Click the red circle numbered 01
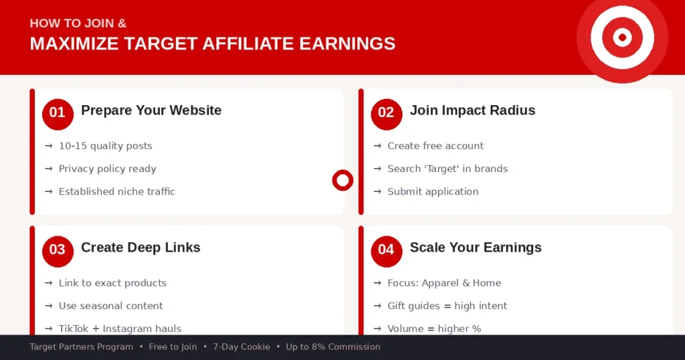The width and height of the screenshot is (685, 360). click(x=57, y=112)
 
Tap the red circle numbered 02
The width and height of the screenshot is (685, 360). click(x=386, y=112)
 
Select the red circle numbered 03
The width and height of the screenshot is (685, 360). click(x=57, y=250)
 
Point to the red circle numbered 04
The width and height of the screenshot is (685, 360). click(x=386, y=250)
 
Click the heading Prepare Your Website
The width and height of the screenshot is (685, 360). click(x=151, y=110)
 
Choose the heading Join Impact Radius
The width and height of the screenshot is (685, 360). click(x=472, y=110)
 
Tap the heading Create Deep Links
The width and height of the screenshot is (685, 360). click(x=140, y=248)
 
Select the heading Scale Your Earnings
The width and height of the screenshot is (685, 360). click(x=476, y=248)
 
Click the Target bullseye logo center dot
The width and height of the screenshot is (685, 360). click(x=622, y=37)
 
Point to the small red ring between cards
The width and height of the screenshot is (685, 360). click(x=342, y=180)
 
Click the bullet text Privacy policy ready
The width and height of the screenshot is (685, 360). click(x=107, y=169)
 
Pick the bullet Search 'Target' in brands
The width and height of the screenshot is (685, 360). click(x=448, y=169)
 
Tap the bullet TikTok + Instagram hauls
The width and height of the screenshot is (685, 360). click(x=120, y=329)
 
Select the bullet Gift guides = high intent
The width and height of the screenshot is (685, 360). click(x=448, y=306)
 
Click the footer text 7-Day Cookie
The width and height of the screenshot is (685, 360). click(x=241, y=347)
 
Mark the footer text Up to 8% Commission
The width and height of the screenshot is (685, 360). click(x=333, y=347)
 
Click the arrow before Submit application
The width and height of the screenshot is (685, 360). click(x=378, y=191)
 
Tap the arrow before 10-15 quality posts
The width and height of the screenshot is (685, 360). click(x=49, y=146)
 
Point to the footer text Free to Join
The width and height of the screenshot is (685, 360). click(x=173, y=347)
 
